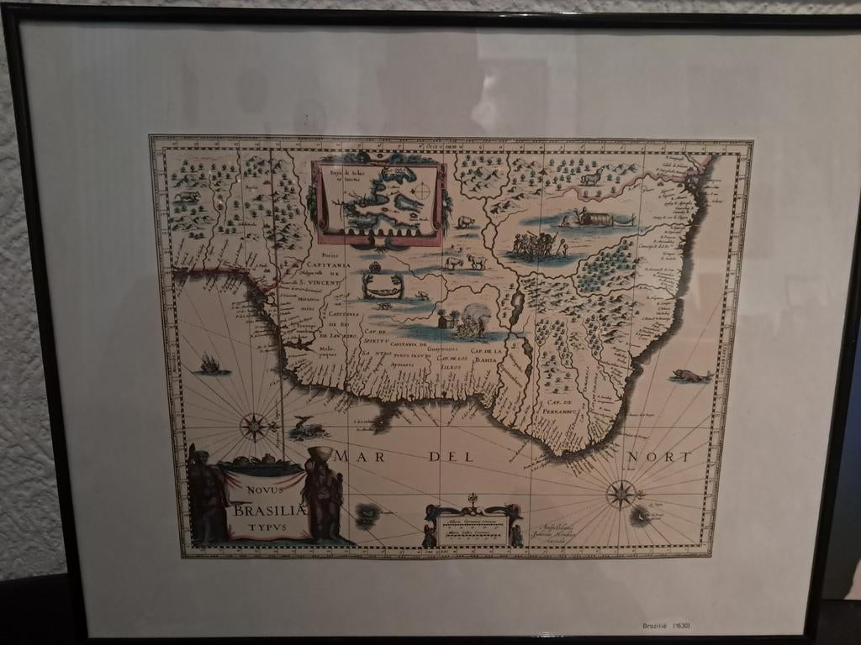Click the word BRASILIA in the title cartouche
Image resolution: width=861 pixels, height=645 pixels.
tap(267, 510)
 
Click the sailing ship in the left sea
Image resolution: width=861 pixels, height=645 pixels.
tap(210, 364)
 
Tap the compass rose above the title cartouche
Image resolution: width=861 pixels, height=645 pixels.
tap(254, 426)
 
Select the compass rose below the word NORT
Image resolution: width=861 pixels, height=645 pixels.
tap(621, 493)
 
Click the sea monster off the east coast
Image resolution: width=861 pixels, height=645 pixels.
tap(691, 375)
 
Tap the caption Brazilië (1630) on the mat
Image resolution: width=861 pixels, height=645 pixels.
tap(666, 625)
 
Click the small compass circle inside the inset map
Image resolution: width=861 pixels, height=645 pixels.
tap(423, 191)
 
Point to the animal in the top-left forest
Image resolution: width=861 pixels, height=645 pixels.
tap(186, 197)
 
